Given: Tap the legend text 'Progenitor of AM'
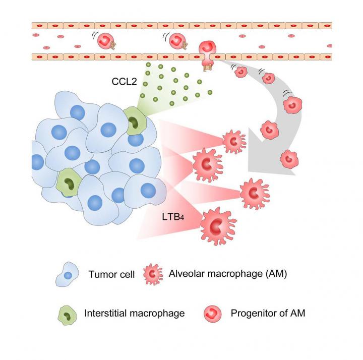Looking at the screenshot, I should click(x=268, y=313).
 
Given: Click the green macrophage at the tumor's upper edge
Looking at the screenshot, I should click(x=135, y=122).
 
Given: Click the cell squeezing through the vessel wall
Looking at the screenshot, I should click(x=208, y=54).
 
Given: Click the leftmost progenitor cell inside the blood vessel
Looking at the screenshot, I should click(x=107, y=40).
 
